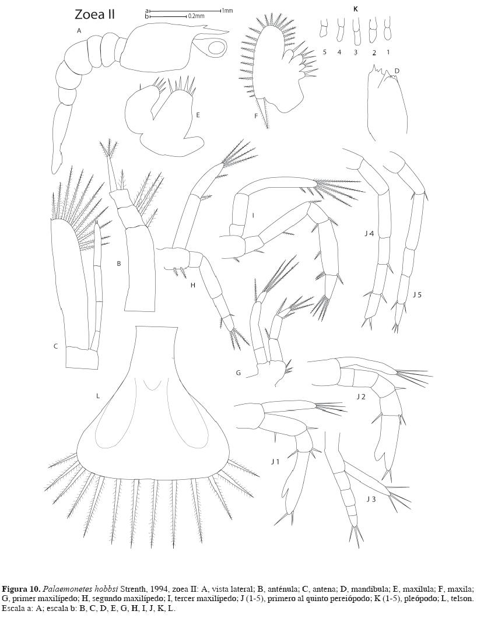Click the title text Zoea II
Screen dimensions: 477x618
click(94, 15)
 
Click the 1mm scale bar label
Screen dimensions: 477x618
click(227, 10)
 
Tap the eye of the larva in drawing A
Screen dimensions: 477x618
click(215, 48)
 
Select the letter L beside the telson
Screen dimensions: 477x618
click(98, 396)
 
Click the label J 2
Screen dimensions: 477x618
click(361, 396)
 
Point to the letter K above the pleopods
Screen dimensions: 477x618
click(355, 9)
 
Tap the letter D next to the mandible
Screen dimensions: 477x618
click(397, 71)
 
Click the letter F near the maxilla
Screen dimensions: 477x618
click(255, 116)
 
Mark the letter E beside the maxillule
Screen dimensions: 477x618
click(198, 115)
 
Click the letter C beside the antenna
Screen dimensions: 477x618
click(56, 346)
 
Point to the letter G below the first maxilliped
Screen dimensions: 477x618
click(238, 372)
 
